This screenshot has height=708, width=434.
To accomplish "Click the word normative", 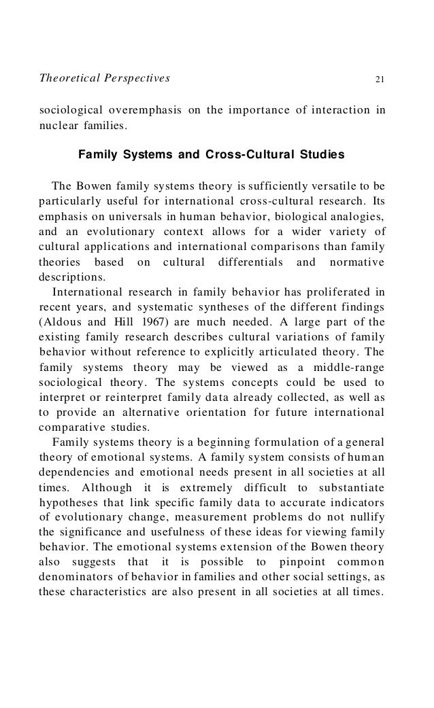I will point(356,262).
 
